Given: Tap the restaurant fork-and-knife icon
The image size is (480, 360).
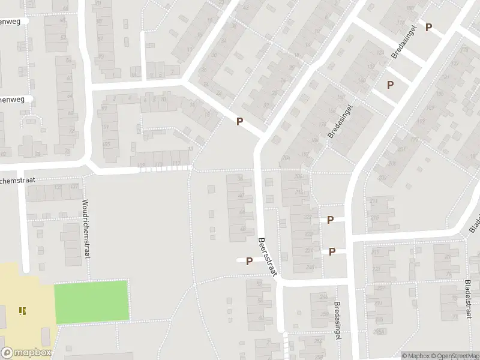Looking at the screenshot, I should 22,310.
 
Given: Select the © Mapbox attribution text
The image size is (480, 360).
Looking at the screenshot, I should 416,356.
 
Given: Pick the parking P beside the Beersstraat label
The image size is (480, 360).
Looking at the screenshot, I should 248,261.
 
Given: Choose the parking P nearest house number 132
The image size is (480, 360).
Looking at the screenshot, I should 390,85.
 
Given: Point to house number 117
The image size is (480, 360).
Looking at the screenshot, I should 176,164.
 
